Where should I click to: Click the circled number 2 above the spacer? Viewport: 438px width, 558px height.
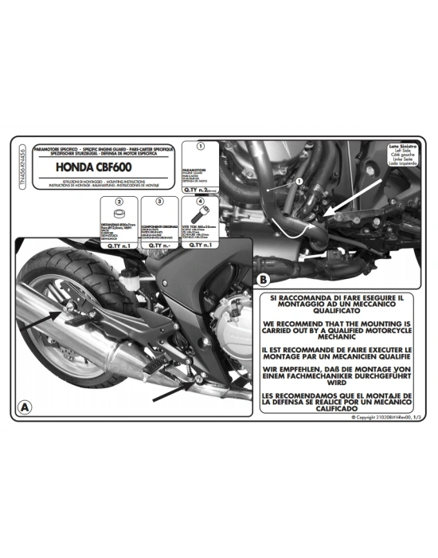(x=119, y=202)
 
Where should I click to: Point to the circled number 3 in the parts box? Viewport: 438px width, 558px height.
(x=159, y=202)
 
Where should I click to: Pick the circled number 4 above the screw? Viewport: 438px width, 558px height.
(x=201, y=202)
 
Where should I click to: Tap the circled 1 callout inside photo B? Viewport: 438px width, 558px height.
(x=299, y=183)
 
